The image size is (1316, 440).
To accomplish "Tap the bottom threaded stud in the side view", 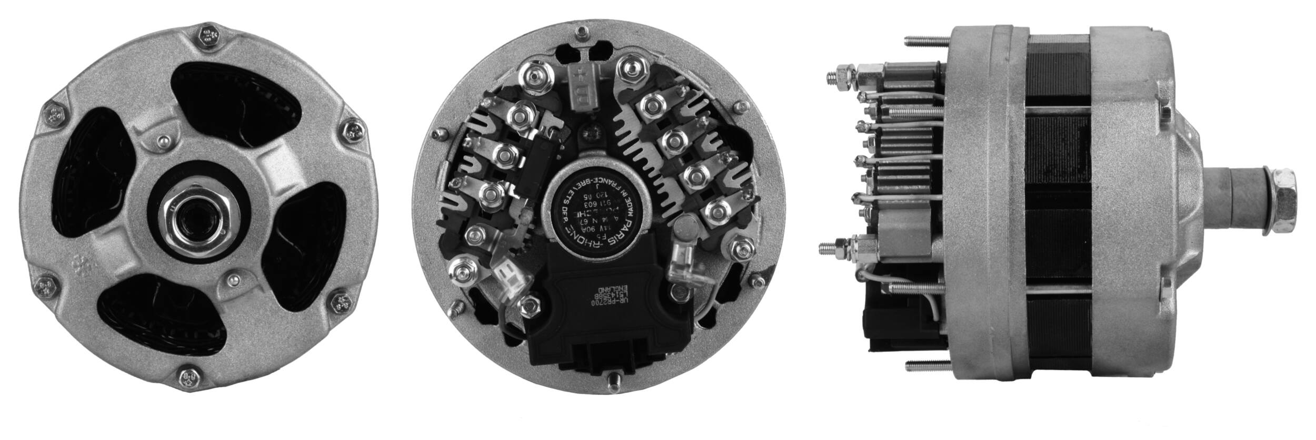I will point(926,365).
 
